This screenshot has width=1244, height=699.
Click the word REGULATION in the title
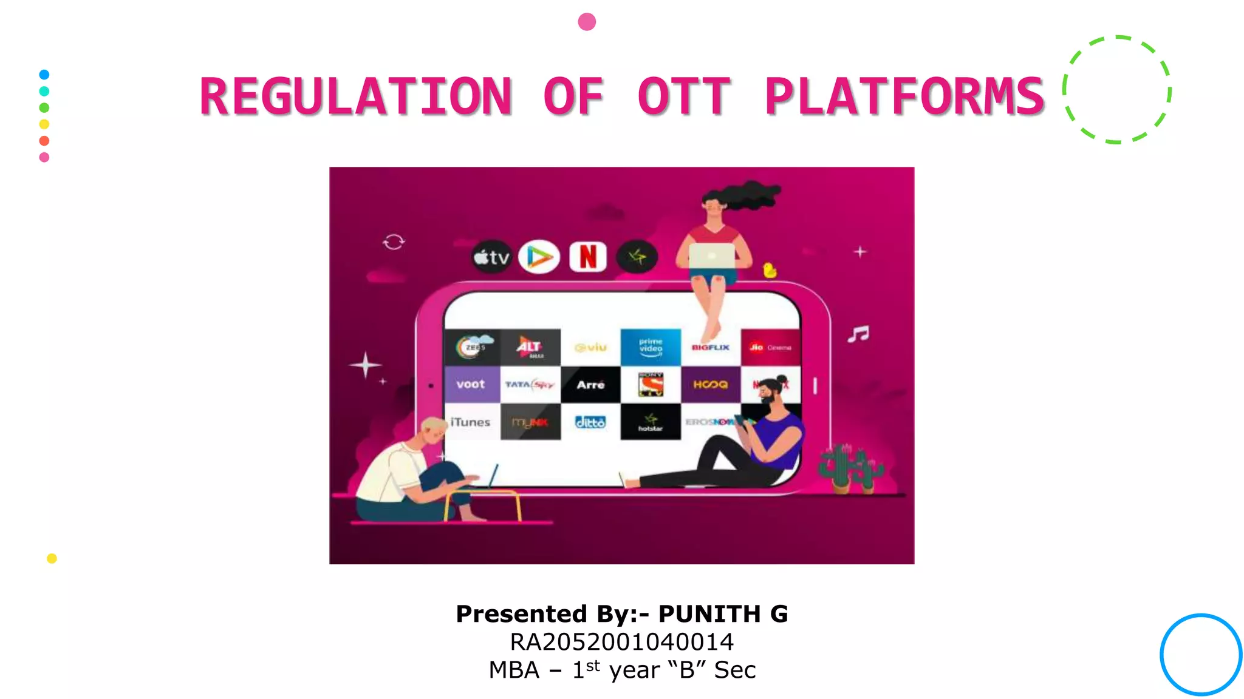tap(356, 96)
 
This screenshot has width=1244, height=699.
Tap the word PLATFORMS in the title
tap(904, 96)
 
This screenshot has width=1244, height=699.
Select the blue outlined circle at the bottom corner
tap(1200, 654)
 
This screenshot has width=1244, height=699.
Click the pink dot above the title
tap(587, 22)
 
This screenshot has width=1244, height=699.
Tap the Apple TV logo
tap(491, 257)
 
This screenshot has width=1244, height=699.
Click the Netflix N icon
tap(587, 257)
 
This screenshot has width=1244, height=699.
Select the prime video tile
tap(651, 347)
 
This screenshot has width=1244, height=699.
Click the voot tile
tap(471, 384)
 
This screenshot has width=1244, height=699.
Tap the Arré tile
tap(590, 385)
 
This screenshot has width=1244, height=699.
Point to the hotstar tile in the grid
tap(650, 422)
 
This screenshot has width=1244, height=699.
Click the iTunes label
tap(470, 422)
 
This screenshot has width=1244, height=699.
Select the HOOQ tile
tap(710, 384)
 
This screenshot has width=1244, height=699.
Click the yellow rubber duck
tap(770, 270)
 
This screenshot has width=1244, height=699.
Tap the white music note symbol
tap(859, 334)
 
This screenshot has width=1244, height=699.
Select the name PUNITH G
tap(723, 613)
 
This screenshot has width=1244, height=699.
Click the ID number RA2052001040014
tap(621, 642)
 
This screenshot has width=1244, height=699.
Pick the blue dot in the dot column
tap(44, 75)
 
